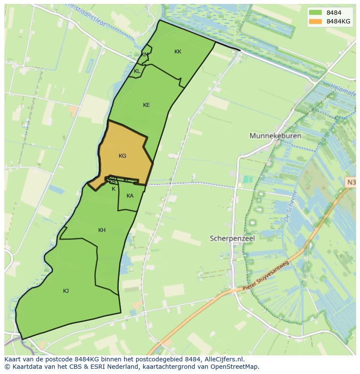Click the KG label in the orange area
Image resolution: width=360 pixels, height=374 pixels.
[x=122, y=156]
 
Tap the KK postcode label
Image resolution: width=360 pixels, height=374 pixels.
[x=177, y=52]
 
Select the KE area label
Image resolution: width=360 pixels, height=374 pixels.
[x=146, y=105]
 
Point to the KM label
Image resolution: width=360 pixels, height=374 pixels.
[x=145, y=55]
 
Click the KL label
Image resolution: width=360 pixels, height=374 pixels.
[x=137, y=71]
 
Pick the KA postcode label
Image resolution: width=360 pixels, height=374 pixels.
[x=130, y=196]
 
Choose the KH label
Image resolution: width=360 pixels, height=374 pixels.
[x=102, y=230]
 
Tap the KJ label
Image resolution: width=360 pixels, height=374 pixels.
[x=66, y=291]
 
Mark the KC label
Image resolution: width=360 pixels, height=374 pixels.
[x=127, y=180]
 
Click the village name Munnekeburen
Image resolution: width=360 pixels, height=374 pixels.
[x=275, y=136]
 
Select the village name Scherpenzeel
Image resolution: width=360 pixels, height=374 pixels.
[x=232, y=238]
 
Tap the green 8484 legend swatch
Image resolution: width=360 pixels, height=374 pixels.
[x=315, y=12]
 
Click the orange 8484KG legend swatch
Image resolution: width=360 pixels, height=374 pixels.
[x=315, y=21]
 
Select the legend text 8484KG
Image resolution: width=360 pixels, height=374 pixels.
[x=338, y=21]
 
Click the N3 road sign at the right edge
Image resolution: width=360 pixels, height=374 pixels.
[x=351, y=182]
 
